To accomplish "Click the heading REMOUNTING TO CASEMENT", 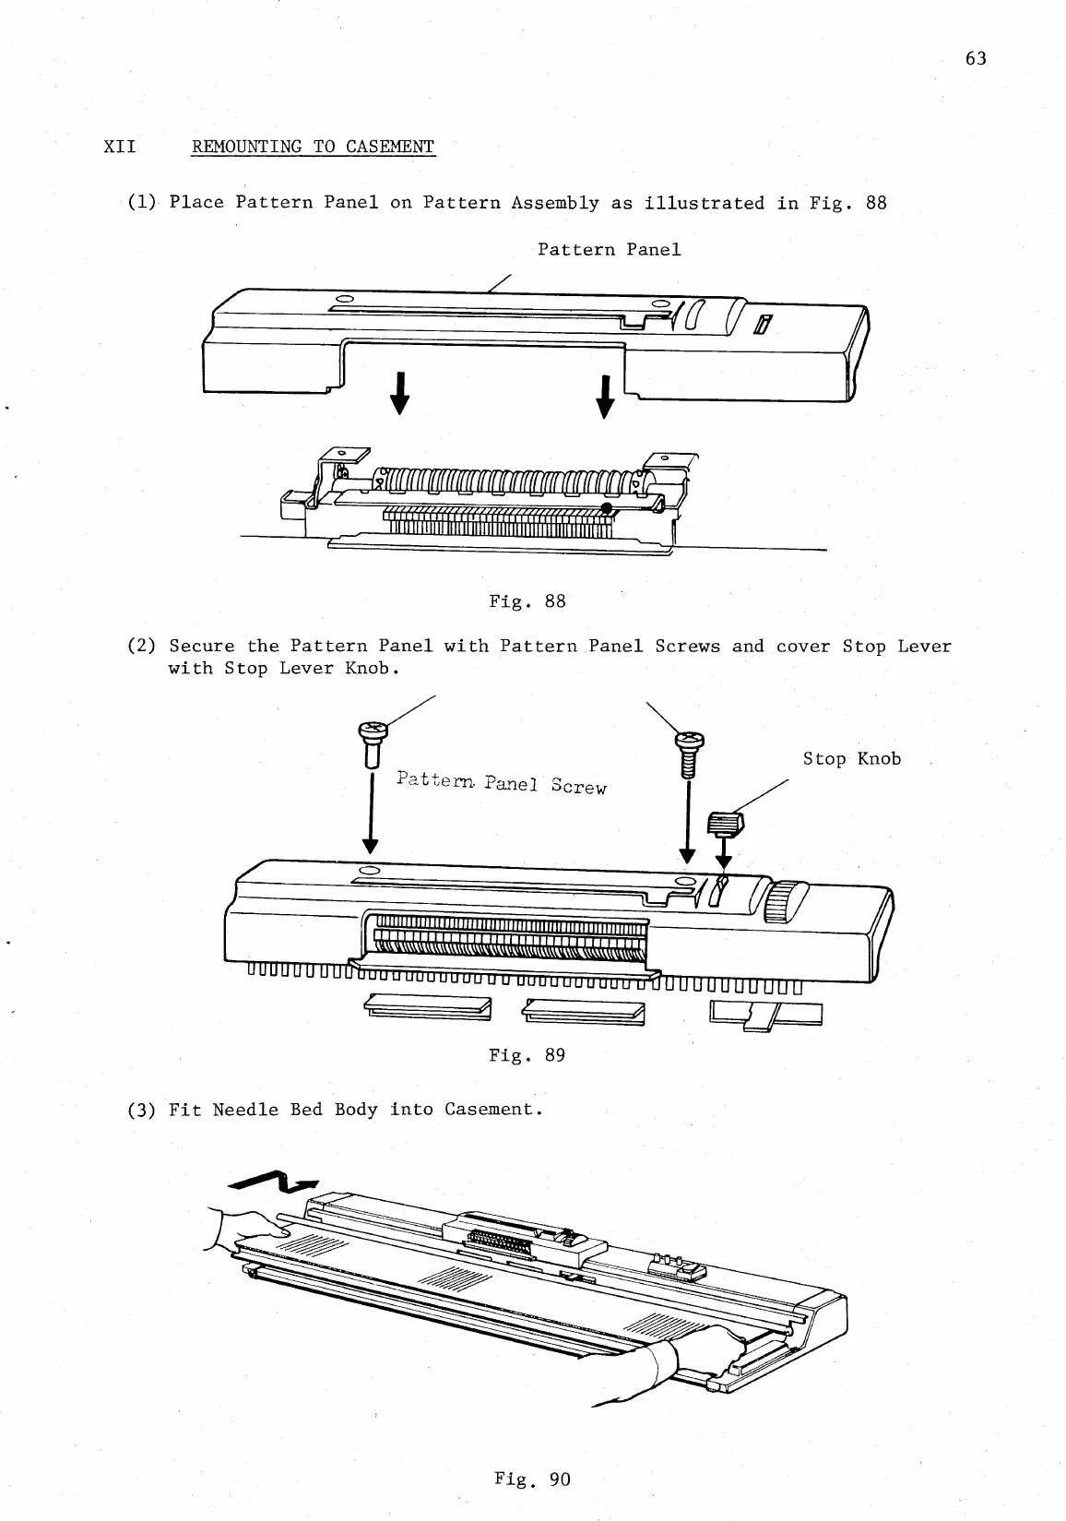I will pyautogui.click(x=313, y=147).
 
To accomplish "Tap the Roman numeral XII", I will pyautogui.click(x=120, y=147).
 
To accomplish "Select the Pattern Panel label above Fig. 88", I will pyautogui.click(x=609, y=250).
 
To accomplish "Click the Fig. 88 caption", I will pyautogui.click(x=527, y=601).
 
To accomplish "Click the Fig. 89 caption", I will pyautogui.click(x=527, y=1055).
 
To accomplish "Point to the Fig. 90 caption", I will pyautogui.click(x=532, y=1479).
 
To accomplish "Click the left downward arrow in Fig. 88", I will pyautogui.click(x=399, y=394).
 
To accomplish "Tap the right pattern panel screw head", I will pyautogui.click(x=688, y=740).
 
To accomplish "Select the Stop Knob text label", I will pyautogui.click(x=851, y=759).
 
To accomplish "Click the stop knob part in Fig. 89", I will pyautogui.click(x=726, y=822).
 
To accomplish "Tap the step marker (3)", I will pyautogui.click(x=141, y=1110).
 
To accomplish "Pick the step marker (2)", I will pyautogui.click(x=141, y=647).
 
